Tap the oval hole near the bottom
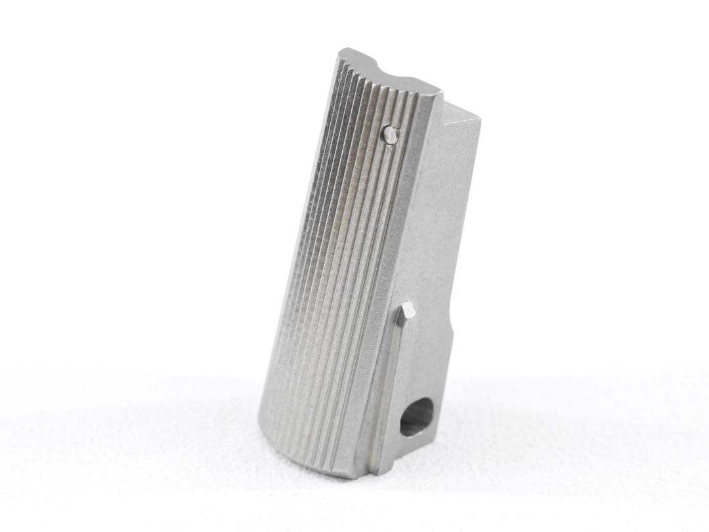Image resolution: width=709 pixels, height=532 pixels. [x=416, y=418]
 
